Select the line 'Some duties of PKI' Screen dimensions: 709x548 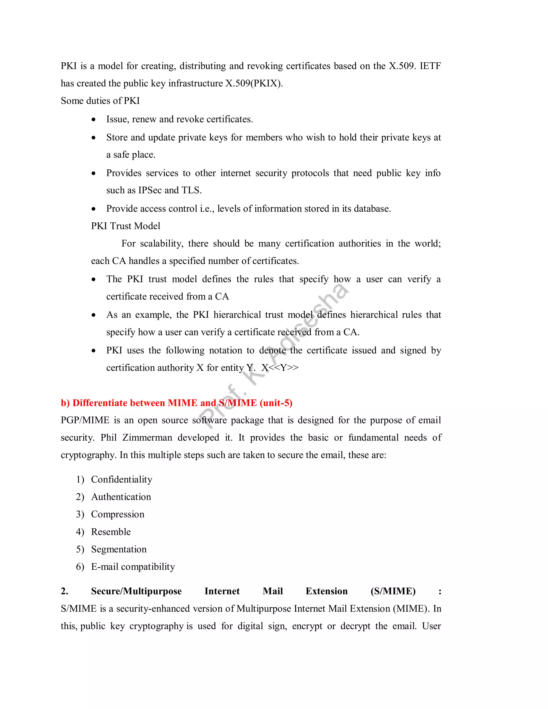click(100, 101)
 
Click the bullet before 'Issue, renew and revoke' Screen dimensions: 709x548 click(93, 120)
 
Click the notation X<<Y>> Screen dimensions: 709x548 click(280, 368)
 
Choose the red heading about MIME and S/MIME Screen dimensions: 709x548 click(176, 403)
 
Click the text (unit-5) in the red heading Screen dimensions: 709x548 click(276, 403)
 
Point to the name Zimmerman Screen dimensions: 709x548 click(147, 438)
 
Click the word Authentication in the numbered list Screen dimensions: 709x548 click(121, 497)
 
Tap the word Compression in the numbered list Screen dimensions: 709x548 click(117, 514)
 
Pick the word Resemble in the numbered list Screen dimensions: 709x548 click(111, 532)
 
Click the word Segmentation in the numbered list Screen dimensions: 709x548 click(119, 549)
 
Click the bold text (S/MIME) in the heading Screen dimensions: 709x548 click(393, 591)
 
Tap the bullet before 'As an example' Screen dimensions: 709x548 click(93, 315)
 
